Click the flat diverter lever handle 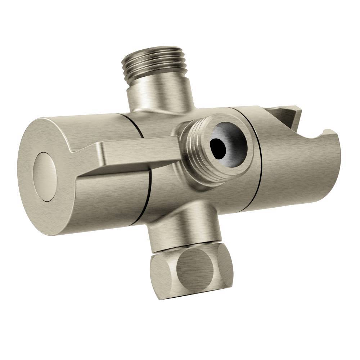pos(140,153)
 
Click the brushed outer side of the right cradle pos(299,173)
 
